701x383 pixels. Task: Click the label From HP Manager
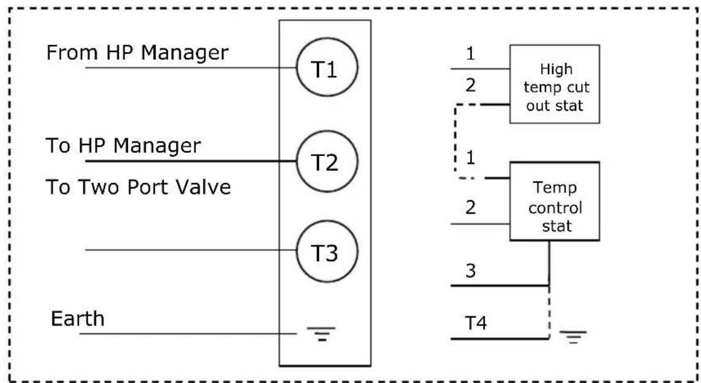coord(137,53)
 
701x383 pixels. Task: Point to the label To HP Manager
coord(124,146)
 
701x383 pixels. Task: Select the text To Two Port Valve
coord(138,187)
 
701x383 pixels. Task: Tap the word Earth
coord(77,319)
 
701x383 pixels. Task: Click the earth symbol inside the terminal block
coord(321,333)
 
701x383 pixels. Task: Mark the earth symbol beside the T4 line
coord(573,337)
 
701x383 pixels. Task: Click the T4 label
coord(476,322)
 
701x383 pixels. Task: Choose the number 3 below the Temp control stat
coord(470,270)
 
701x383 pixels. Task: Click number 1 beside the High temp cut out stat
coord(470,54)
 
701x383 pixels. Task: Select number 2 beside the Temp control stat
coord(470,207)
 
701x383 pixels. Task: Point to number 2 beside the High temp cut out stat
coord(470,84)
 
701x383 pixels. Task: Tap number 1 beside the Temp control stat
coord(470,157)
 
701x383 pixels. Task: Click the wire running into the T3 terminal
coord(191,250)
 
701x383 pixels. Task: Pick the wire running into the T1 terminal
coord(191,67)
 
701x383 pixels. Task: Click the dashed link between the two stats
coord(455,142)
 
